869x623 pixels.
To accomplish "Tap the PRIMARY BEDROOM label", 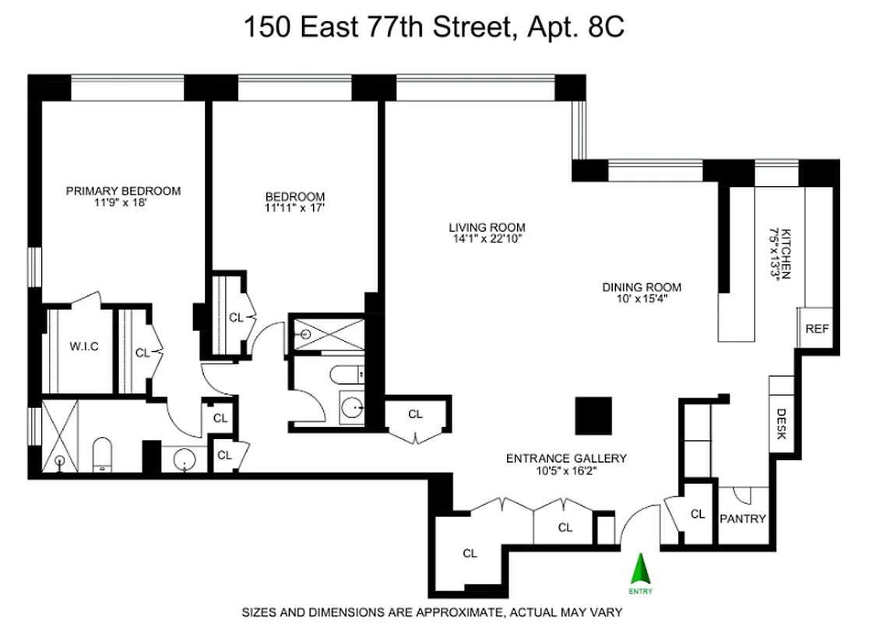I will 123,191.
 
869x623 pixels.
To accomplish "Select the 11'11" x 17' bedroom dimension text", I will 294,208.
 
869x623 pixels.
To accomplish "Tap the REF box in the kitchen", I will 817,328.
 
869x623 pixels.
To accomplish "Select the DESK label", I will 782,424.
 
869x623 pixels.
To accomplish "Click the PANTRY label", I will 742,519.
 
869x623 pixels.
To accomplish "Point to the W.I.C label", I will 83,346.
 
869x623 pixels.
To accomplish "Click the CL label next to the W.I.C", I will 142,353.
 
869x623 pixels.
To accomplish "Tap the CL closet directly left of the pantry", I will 698,514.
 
